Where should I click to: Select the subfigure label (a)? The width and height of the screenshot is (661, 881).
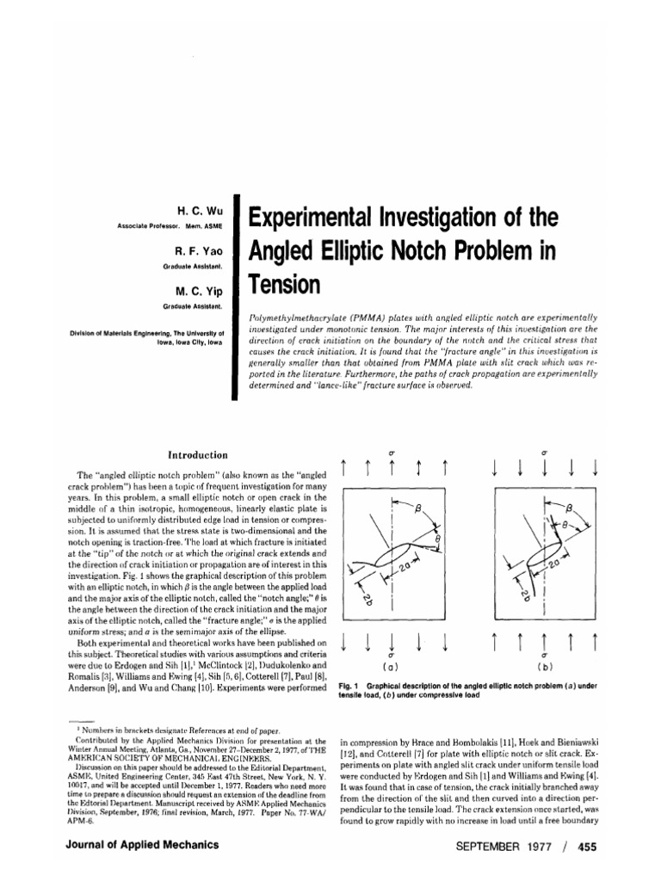tap(392, 667)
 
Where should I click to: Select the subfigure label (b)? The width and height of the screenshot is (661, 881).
tap(545, 667)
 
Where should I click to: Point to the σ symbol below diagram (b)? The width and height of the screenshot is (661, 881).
tap(545, 655)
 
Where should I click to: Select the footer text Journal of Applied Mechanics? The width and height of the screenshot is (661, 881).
tap(142, 845)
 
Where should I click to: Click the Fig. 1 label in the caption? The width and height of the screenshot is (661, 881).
tap(350, 686)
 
